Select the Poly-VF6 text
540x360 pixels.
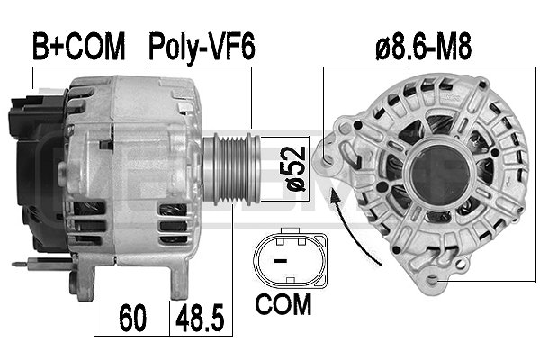(x=202, y=48)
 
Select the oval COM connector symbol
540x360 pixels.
(x=288, y=257)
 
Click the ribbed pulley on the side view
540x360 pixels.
(x=233, y=169)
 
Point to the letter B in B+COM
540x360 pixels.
(x=40, y=48)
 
